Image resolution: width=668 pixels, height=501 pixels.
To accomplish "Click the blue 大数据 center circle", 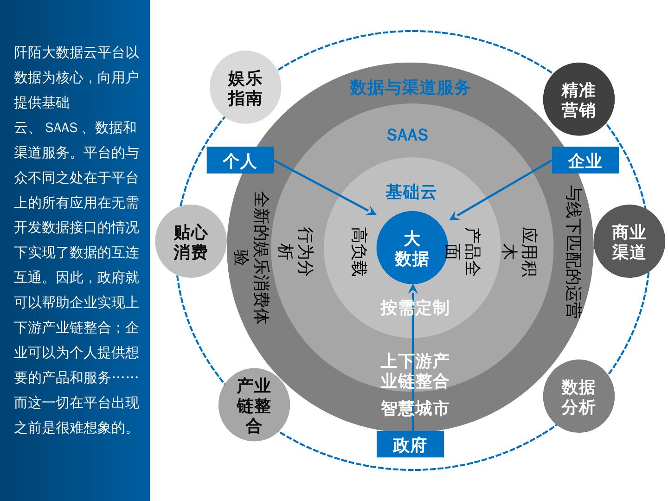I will click(412, 248).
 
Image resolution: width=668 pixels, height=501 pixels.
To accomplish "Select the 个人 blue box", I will click(240, 160).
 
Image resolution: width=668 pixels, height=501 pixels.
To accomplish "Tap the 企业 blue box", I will click(585, 160).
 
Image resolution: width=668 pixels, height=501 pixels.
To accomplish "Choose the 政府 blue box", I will click(410, 444).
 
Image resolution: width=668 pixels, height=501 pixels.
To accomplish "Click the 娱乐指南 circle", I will click(245, 88).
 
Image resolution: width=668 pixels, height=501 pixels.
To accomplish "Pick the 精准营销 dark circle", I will click(578, 99).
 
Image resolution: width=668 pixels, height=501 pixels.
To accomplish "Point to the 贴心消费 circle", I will click(191, 241).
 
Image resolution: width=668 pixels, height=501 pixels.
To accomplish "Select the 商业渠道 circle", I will click(629, 241).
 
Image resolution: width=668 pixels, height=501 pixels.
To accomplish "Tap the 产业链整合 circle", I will click(254, 405).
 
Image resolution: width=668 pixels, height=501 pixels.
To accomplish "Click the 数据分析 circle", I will click(578, 397).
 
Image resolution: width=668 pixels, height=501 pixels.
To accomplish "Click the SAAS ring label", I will click(407, 135).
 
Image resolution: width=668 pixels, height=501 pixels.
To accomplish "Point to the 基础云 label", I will click(411, 192).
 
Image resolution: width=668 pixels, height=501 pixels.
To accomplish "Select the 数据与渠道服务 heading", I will click(410, 87).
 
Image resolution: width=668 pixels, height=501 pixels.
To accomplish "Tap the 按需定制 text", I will click(415, 308).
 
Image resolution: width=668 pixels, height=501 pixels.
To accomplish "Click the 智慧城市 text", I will click(415, 408).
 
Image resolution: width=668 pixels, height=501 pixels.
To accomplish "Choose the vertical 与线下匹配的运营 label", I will click(573, 251).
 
